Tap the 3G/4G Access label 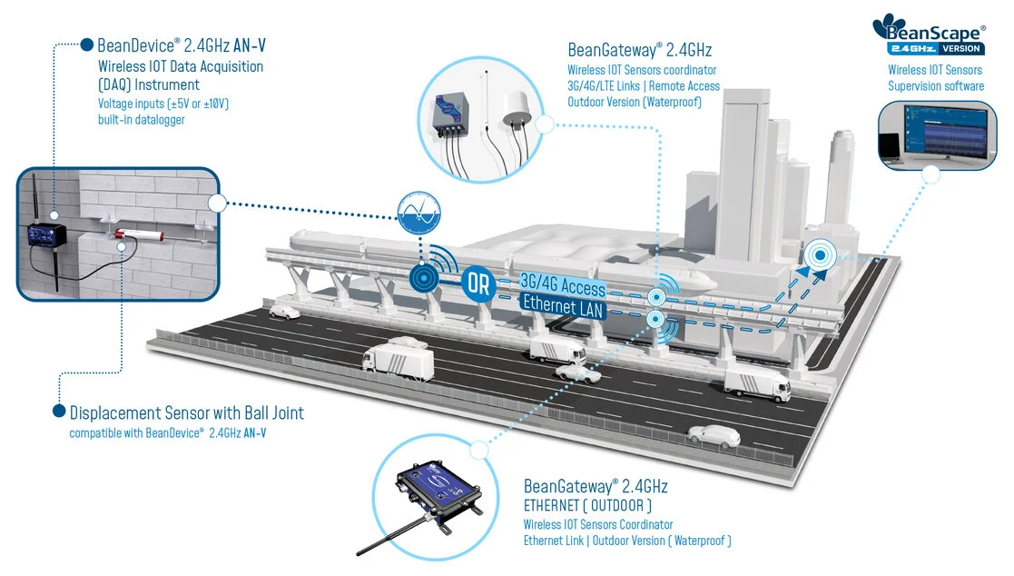[x=563, y=286]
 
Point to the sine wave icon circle [x=419, y=214]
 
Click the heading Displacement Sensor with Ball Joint [x=187, y=412]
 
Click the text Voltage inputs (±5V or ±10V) [x=163, y=104]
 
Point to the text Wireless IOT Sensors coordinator [x=642, y=70]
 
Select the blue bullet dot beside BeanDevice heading [x=87, y=44]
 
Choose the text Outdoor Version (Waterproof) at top [x=635, y=102]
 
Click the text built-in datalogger [x=142, y=120]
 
